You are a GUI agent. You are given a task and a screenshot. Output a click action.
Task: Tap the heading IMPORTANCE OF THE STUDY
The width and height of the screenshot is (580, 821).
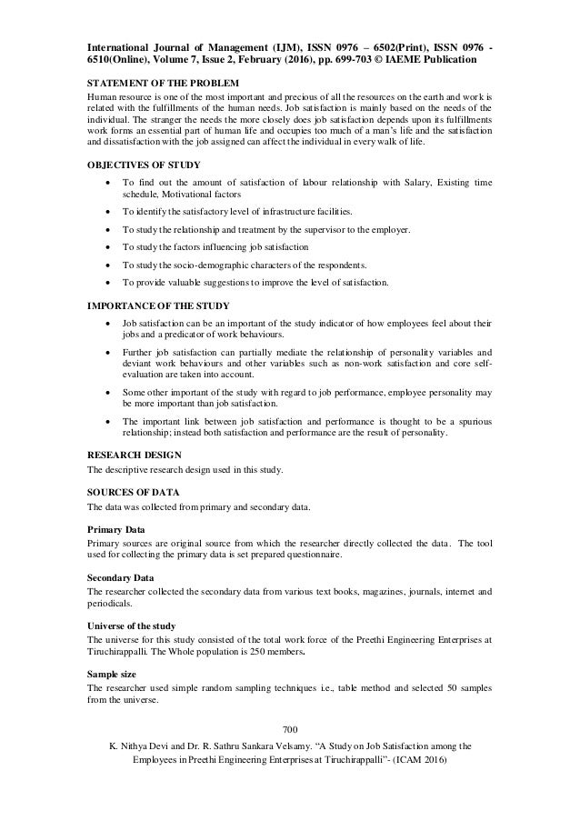157,304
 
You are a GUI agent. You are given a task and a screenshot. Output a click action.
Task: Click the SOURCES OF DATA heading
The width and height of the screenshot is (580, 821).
132,490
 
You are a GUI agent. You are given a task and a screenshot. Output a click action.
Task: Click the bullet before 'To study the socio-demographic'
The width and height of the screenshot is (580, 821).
110,265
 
